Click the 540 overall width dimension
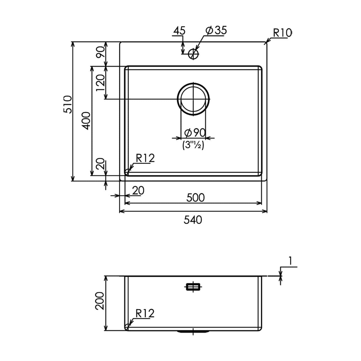click(193, 220)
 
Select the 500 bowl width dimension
click(195, 198)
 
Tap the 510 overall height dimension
click(68, 104)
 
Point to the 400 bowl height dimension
click(87, 121)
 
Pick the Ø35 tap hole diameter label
click(216, 30)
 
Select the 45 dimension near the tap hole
click(179, 30)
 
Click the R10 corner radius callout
click(282, 33)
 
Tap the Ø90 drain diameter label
click(194, 132)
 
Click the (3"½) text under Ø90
click(193, 145)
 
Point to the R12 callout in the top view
click(145, 159)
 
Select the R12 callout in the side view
click(145, 313)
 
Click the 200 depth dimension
click(100, 301)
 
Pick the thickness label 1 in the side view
click(290, 261)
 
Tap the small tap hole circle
click(193, 53)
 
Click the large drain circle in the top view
click(193, 99)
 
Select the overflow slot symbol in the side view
click(193, 287)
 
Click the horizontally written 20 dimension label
click(138, 191)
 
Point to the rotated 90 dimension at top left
click(100, 52)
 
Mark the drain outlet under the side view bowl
click(193, 332)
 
